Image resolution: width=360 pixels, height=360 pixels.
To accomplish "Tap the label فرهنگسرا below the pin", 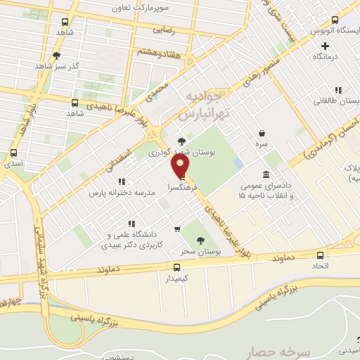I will point(181,188).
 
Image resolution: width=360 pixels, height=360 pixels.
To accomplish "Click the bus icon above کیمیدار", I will point(176,266).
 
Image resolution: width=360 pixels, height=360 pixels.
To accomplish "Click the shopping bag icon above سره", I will point(262,134).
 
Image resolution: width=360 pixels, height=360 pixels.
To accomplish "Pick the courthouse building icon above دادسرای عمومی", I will point(265,174).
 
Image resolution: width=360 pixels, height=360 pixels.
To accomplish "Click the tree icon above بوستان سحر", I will point(202,240).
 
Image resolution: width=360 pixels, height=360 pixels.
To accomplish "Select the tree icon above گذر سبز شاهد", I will point(57,54).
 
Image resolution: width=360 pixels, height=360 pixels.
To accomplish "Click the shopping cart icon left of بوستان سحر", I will point(177,229).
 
